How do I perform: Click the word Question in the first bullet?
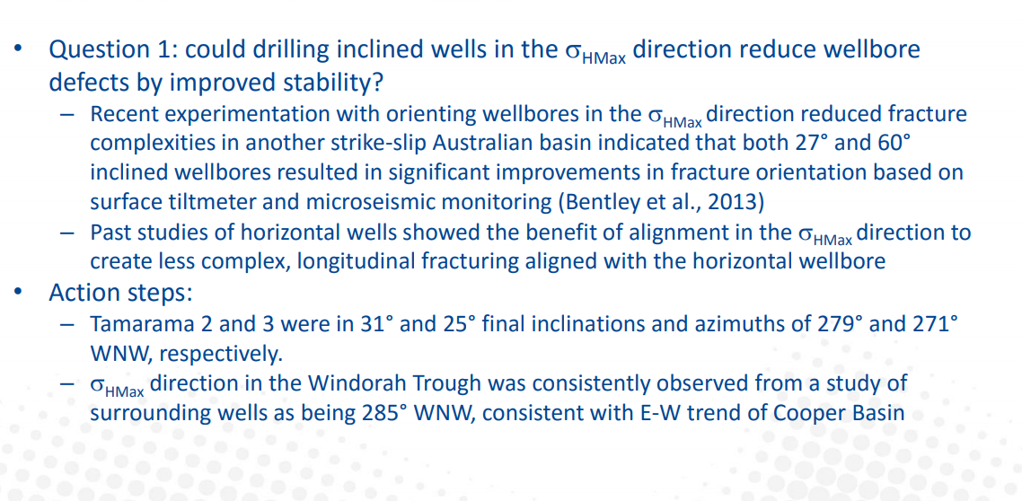93,49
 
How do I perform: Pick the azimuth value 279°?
842,324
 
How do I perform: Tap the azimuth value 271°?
936,324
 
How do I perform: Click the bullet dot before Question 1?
21,49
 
